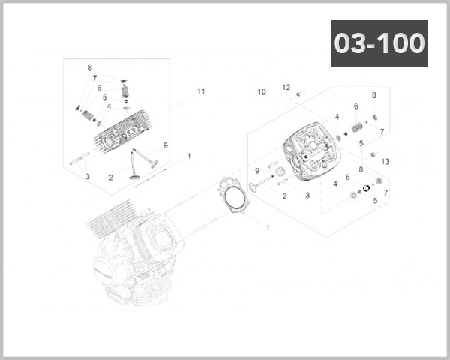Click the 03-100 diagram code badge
click(379, 43)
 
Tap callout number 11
click(201, 91)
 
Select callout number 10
click(262, 92)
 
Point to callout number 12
click(286, 87)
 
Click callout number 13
click(385, 161)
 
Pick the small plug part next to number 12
click(298, 94)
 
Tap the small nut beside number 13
click(373, 154)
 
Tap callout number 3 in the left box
click(87, 176)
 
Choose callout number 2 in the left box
click(110, 178)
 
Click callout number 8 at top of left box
click(90, 67)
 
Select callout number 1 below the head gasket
click(268, 226)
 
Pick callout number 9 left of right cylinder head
click(256, 171)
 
